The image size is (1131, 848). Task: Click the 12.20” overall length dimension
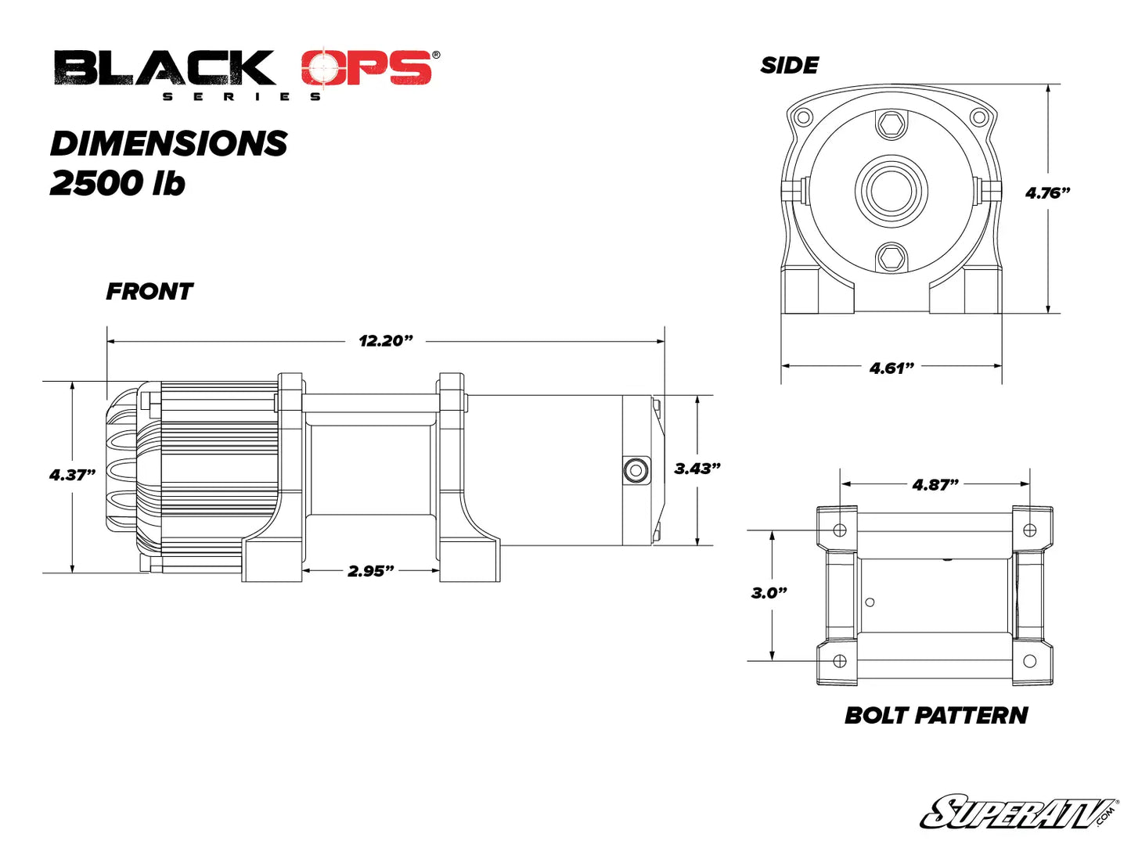[x=385, y=341]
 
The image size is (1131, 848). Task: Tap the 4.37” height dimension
[x=72, y=475]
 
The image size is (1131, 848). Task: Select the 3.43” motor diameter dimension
[x=697, y=469]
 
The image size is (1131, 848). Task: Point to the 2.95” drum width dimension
[x=370, y=571]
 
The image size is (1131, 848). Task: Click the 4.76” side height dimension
[x=1047, y=192]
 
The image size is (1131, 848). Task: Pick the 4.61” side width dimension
[x=891, y=368]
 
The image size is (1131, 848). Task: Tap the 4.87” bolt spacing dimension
[x=935, y=485]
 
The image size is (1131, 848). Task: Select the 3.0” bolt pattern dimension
[x=769, y=593]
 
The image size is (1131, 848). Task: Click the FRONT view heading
[x=149, y=292]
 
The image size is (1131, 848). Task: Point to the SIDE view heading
[x=789, y=66]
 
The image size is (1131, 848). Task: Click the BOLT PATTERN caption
[x=935, y=715]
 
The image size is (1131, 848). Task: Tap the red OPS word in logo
[x=366, y=69]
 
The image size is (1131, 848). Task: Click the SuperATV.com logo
[x=1018, y=812]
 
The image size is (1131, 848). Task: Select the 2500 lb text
[x=117, y=183]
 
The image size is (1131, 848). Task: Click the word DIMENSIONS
[x=168, y=144]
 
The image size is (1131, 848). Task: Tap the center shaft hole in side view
[x=891, y=190]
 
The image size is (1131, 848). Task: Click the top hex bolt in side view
[x=891, y=124]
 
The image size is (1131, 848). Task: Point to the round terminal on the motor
[x=635, y=470]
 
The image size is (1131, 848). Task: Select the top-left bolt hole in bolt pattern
[x=840, y=530]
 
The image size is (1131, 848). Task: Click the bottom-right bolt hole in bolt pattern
[x=1029, y=661]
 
